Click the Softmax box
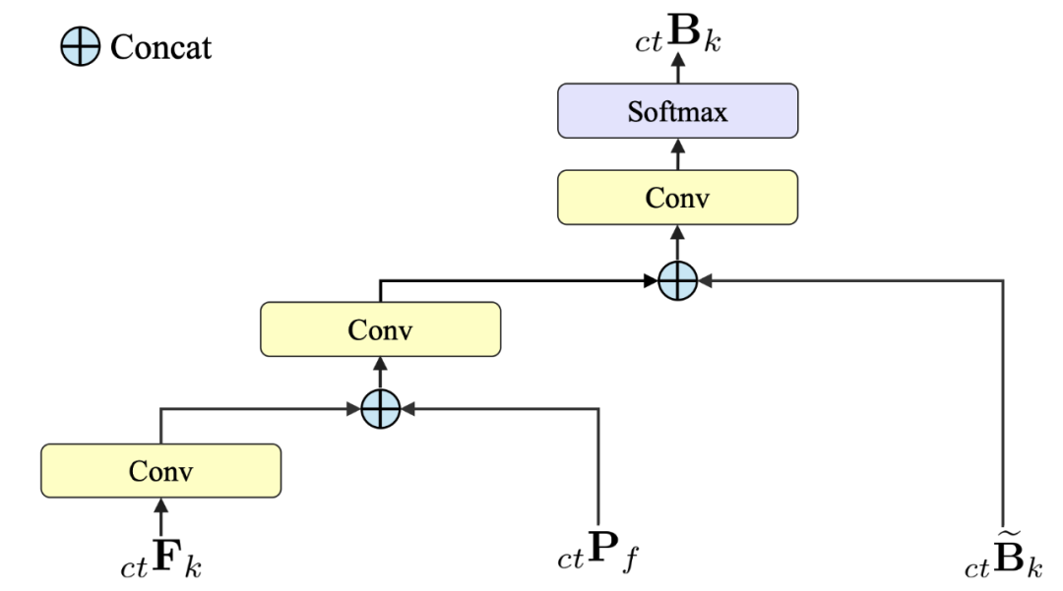tap(677, 110)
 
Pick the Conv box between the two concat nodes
tap(380, 329)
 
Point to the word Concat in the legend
tap(160, 47)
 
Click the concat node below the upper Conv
tap(677, 281)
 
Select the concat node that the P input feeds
tap(380, 408)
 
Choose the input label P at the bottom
tap(598, 554)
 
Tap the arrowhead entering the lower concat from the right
tap(407, 408)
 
